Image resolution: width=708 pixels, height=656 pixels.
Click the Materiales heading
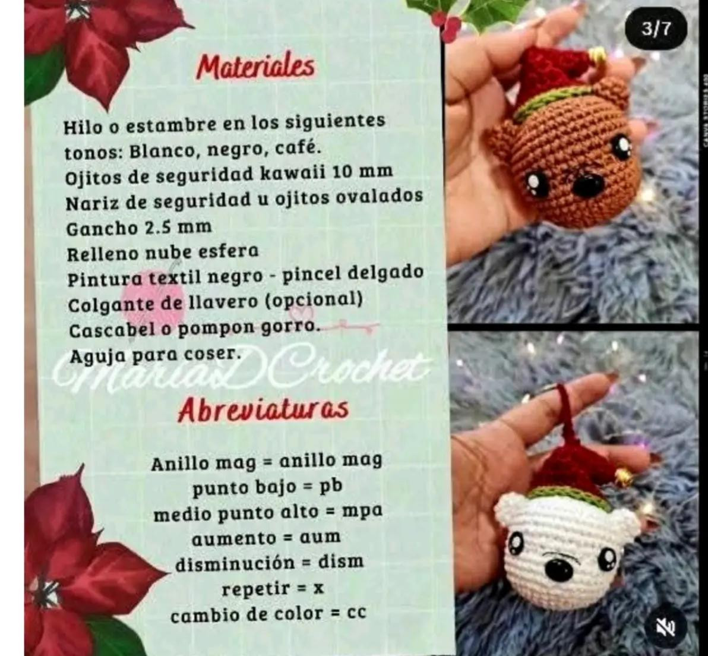pyautogui.click(x=255, y=67)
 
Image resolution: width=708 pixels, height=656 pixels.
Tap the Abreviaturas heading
pyautogui.click(x=263, y=409)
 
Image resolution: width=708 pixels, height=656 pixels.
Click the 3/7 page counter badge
pyautogui.click(x=656, y=29)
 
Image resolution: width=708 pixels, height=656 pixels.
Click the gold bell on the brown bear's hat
pyautogui.click(x=597, y=57)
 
